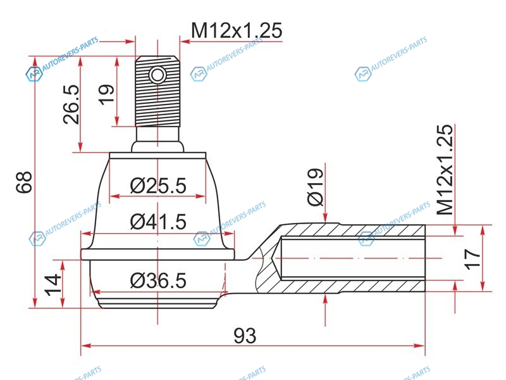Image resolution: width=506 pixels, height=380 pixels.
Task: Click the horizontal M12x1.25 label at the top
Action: coord(237,30)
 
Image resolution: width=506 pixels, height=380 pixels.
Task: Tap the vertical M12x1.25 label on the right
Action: coord(445,170)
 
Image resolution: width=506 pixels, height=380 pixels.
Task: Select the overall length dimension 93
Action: coord(245,336)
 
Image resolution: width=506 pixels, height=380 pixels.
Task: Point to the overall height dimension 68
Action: coord(25,182)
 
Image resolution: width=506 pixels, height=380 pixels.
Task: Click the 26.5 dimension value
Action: coord(71,104)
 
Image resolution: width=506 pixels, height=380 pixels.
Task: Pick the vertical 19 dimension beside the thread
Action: coord(107,94)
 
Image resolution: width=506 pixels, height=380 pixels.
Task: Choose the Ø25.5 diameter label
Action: coord(158,186)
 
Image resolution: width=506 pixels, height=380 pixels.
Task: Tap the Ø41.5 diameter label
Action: coord(158,222)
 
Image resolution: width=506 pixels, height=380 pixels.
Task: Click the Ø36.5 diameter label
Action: coord(158,281)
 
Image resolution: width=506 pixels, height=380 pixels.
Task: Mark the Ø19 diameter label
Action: coord(315,187)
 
